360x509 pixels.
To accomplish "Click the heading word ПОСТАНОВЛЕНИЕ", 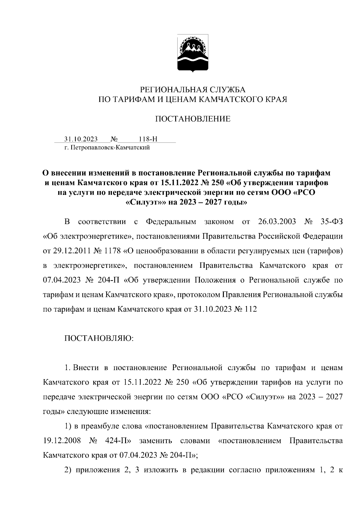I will (x=193, y=119).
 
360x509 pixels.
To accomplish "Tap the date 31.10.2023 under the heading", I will (x=81, y=139).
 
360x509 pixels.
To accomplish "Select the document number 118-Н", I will (x=148, y=139).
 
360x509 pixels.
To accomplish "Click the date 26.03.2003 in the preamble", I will (x=277, y=222).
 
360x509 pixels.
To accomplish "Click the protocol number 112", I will (x=251, y=309).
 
